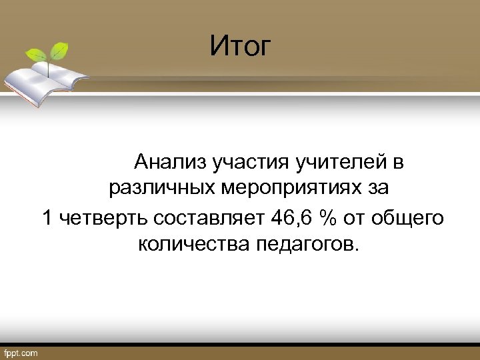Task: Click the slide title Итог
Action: pyautogui.click(x=241, y=46)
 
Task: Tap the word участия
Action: pyautogui.click(x=247, y=162)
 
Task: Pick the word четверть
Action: pyautogui.click(x=103, y=217)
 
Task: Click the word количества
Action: pyautogui.click(x=193, y=245)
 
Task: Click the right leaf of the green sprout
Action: pyautogui.click(x=61, y=49)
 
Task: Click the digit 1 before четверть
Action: pyautogui.click(x=47, y=217)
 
